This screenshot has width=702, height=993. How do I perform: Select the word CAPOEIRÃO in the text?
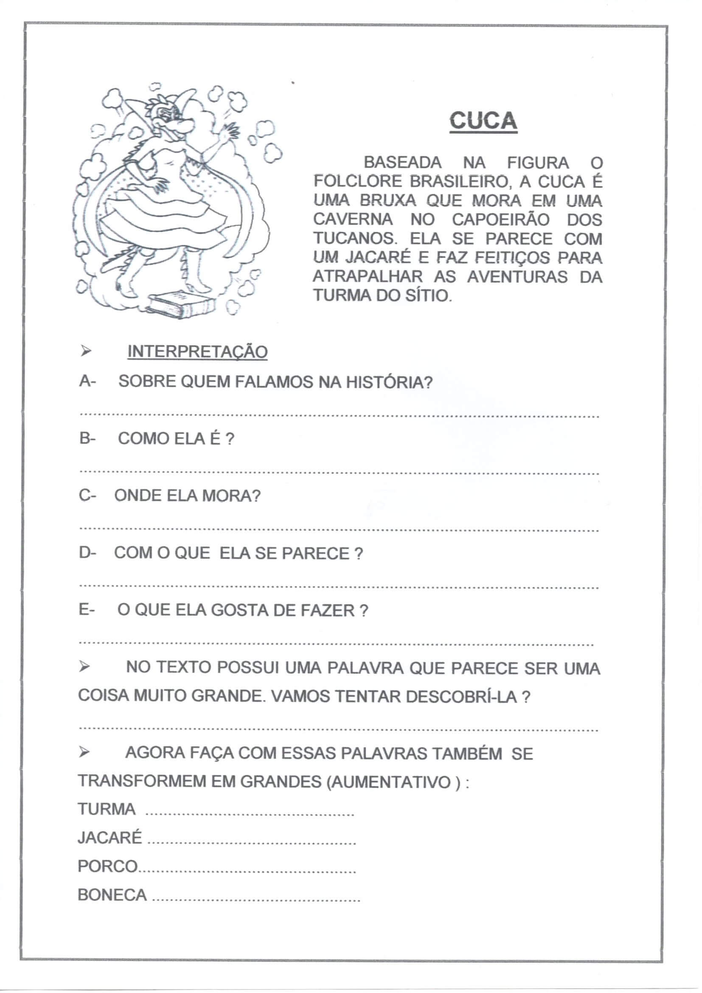500,220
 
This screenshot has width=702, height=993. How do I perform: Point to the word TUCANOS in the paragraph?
355,239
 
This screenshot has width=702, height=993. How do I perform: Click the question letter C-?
87,496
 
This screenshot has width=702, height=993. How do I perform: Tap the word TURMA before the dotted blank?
107,809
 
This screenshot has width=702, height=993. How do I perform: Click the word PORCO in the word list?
108,866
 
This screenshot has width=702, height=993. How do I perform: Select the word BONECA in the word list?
112,895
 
